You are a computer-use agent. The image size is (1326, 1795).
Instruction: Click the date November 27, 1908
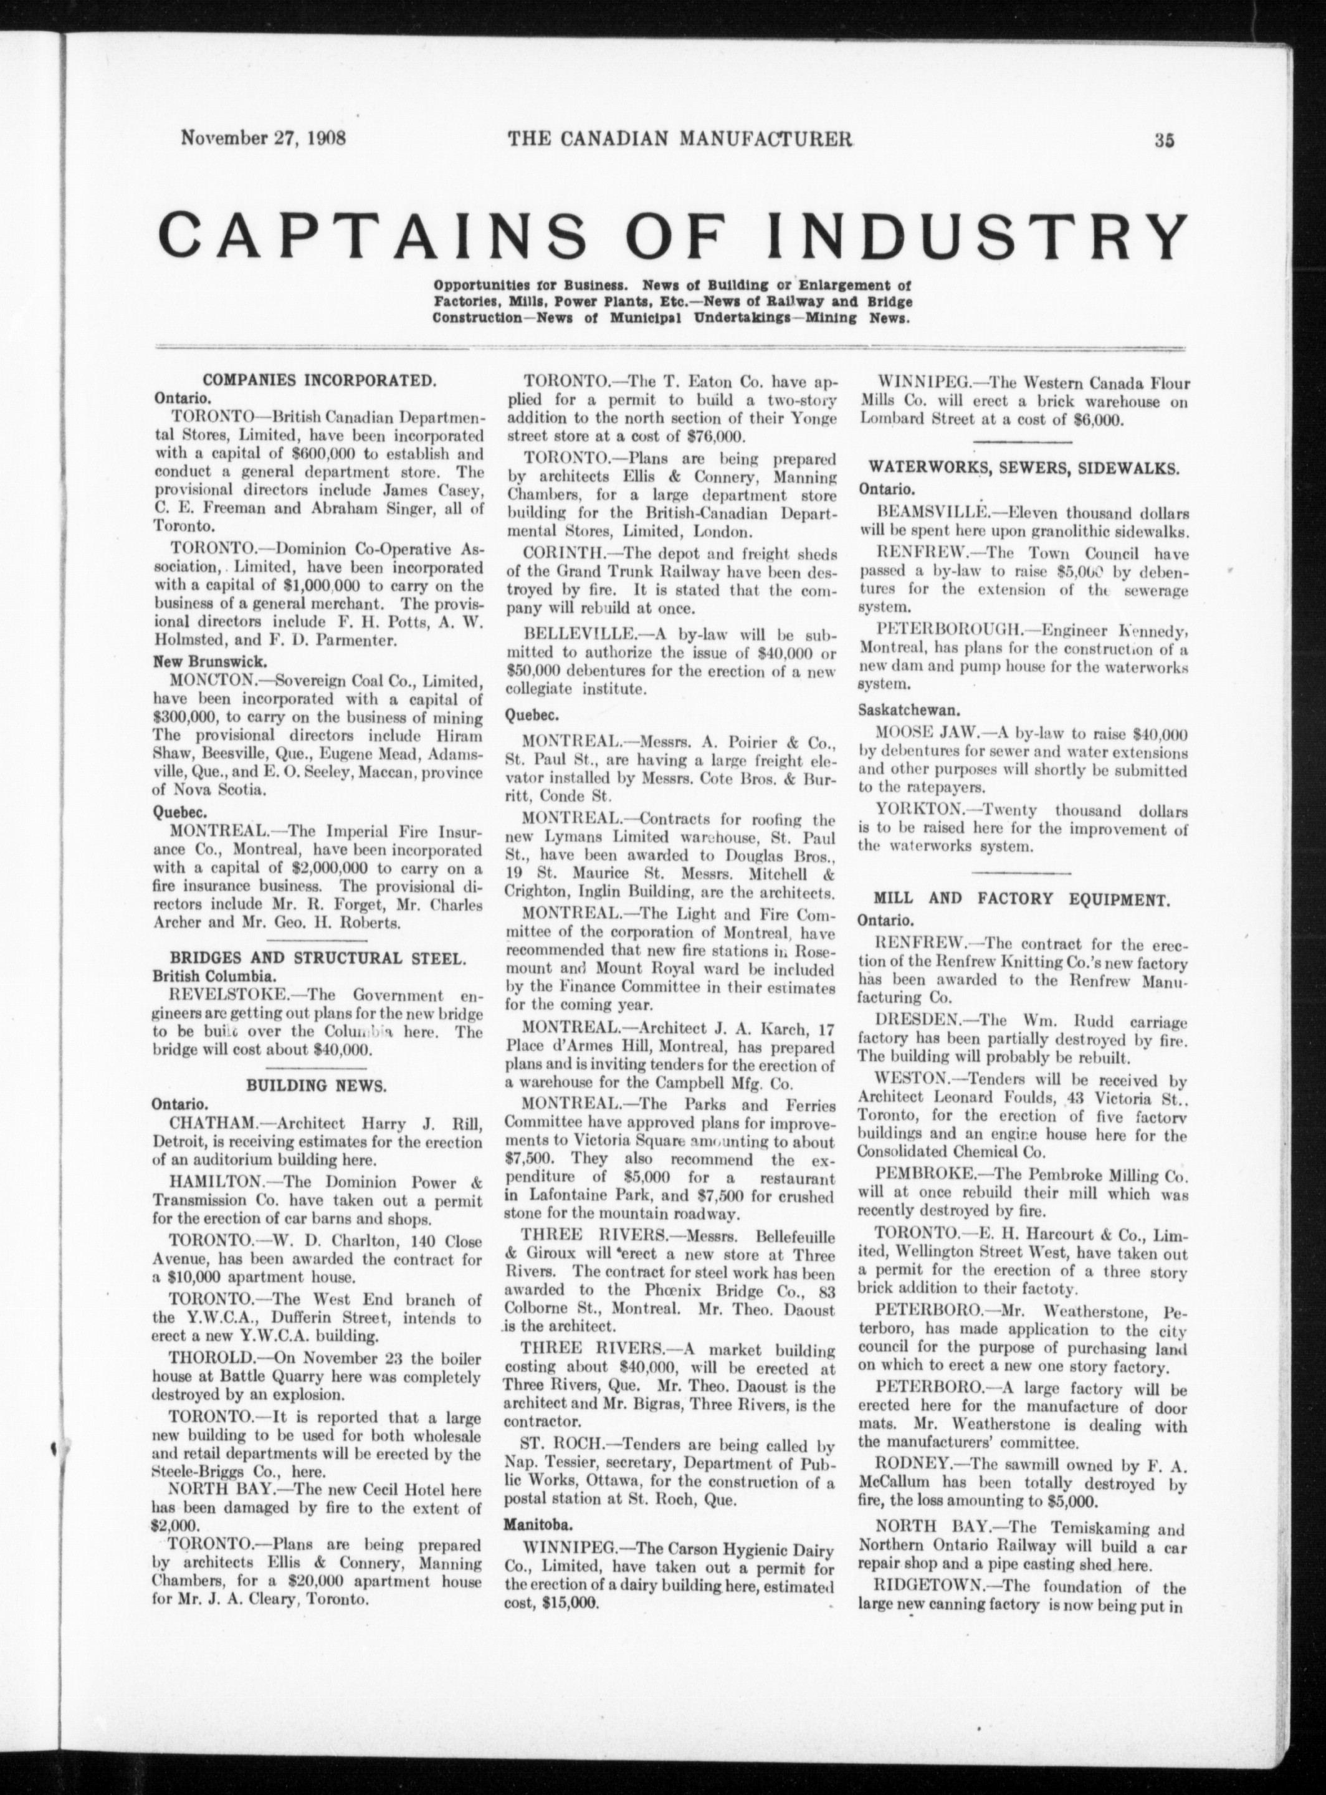[x=264, y=137]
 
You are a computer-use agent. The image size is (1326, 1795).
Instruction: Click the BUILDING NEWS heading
[x=317, y=1086]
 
